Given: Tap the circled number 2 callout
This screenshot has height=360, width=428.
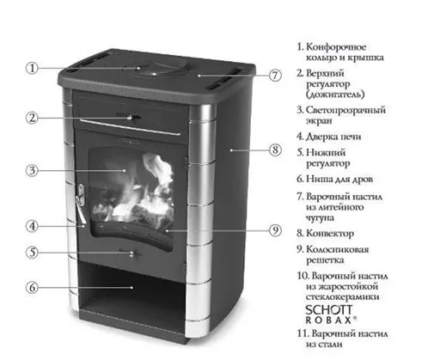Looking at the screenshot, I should [31, 117].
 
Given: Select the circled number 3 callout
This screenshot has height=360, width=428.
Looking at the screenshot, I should [31, 170].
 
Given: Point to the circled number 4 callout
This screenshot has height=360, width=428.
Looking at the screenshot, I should [31, 227].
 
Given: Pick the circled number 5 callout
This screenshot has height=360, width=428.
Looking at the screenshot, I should [31, 253].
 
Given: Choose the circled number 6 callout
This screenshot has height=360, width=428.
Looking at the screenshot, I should [31, 287].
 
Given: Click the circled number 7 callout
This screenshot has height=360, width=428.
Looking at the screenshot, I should [274, 75].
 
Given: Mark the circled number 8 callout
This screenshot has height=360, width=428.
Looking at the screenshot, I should [274, 149].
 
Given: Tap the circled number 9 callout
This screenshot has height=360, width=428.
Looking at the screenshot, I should [274, 230].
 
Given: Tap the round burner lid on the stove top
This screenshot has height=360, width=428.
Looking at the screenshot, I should [156, 68].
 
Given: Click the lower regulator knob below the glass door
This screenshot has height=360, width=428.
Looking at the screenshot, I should [131, 253].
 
